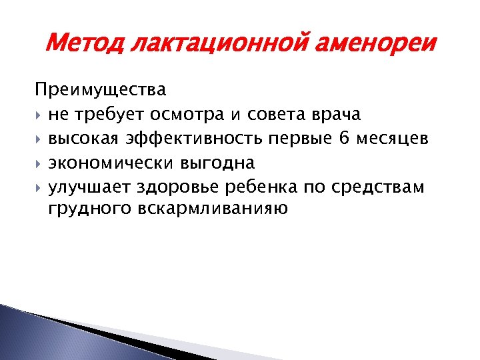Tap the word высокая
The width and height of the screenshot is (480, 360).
[83, 138]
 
